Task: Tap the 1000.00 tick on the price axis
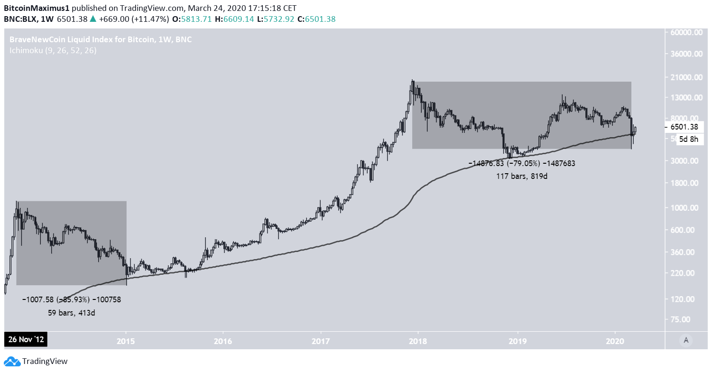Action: pyautogui.click(x=687, y=207)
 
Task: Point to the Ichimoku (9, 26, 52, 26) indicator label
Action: pyautogui.click(x=52, y=50)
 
